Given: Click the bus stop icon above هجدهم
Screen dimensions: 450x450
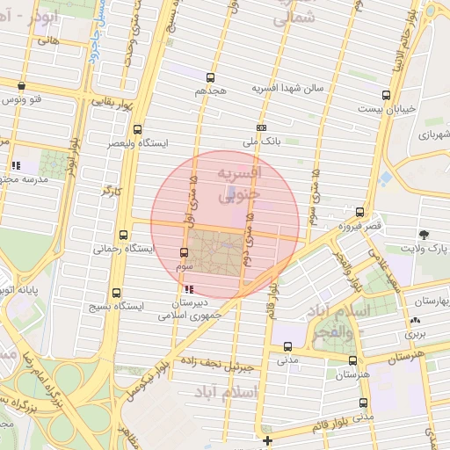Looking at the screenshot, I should [x=210, y=77].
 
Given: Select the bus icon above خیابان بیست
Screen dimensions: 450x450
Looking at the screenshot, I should [x=386, y=96].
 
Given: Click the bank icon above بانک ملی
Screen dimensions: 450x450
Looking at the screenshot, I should [x=261, y=127].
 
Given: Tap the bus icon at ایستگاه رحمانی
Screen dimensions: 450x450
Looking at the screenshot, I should [x=122, y=236].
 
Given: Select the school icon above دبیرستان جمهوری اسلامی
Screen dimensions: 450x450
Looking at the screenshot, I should [x=187, y=287].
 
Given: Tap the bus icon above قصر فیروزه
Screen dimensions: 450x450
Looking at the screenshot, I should [x=360, y=212].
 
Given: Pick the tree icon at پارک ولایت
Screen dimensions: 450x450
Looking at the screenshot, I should [x=425, y=235].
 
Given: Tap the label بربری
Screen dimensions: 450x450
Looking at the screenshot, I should [x=414, y=334].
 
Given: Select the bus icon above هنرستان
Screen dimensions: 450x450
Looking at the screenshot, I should [x=353, y=359].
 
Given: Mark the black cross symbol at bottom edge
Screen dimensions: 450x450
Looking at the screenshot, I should [x=267, y=439].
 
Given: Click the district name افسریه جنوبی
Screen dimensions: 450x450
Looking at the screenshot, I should [x=239, y=183].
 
